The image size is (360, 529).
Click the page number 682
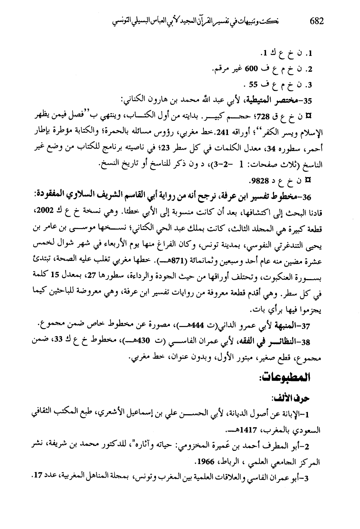click(316, 21)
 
